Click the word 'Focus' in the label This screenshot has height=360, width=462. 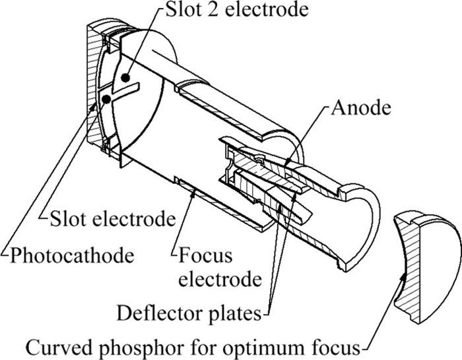200,253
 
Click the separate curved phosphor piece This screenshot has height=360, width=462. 420,264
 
